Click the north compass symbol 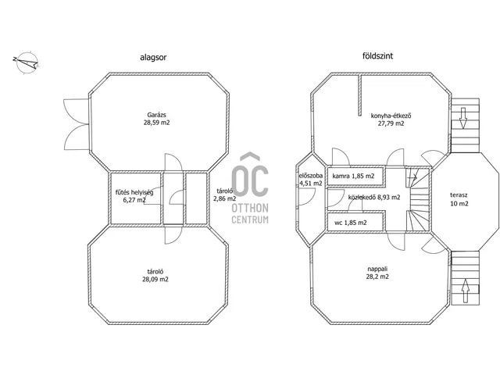[x=27, y=62]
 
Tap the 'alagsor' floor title [x=153, y=57]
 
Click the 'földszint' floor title [x=377, y=56]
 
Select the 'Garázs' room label [x=156, y=115]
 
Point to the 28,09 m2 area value [x=155, y=280]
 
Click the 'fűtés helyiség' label [x=134, y=193]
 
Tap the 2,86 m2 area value [x=224, y=198]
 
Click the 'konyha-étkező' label [x=391, y=116]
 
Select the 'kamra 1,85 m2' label [x=353, y=176]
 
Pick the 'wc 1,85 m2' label [x=351, y=223]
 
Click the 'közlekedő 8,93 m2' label [x=374, y=198]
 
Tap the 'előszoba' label [x=311, y=176]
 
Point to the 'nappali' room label [x=377, y=269]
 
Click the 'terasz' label [x=459, y=195]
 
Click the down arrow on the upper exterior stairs [x=463, y=118]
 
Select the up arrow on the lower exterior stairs [x=466, y=291]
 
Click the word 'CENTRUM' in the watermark [x=250, y=220]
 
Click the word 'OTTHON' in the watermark [x=250, y=209]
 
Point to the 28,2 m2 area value [x=377, y=277]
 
